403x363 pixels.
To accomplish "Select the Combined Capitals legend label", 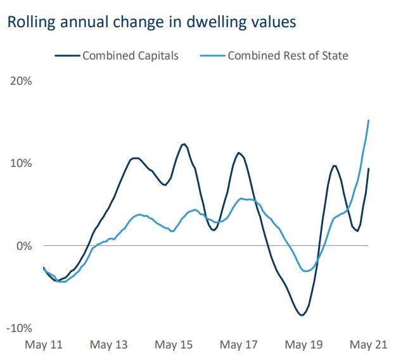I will pyautogui.click(x=131, y=56).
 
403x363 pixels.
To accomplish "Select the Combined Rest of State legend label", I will pyautogui.click(x=288, y=56).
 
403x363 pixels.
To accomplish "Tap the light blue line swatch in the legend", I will pyautogui.click(x=212, y=56).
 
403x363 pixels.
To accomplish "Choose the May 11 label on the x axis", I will pyautogui.click(x=44, y=345).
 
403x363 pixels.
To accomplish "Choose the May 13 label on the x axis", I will pyautogui.click(x=109, y=345).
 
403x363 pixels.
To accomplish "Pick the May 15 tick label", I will pyautogui.click(x=174, y=345).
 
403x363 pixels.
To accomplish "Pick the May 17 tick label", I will pyautogui.click(x=239, y=345).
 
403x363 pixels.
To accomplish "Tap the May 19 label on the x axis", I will pyautogui.click(x=304, y=345).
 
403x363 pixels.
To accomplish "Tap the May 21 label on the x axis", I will pyautogui.click(x=369, y=345).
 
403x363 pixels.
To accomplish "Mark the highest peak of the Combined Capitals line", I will pyautogui.click(x=184, y=144).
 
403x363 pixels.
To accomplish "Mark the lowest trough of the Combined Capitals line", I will pyautogui.click(x=302, y=315).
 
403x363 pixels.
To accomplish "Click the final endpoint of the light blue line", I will pyautogui.click(x=369, y=120).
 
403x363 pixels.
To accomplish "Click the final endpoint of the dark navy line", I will pyautogui.click(x=369, y=169).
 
